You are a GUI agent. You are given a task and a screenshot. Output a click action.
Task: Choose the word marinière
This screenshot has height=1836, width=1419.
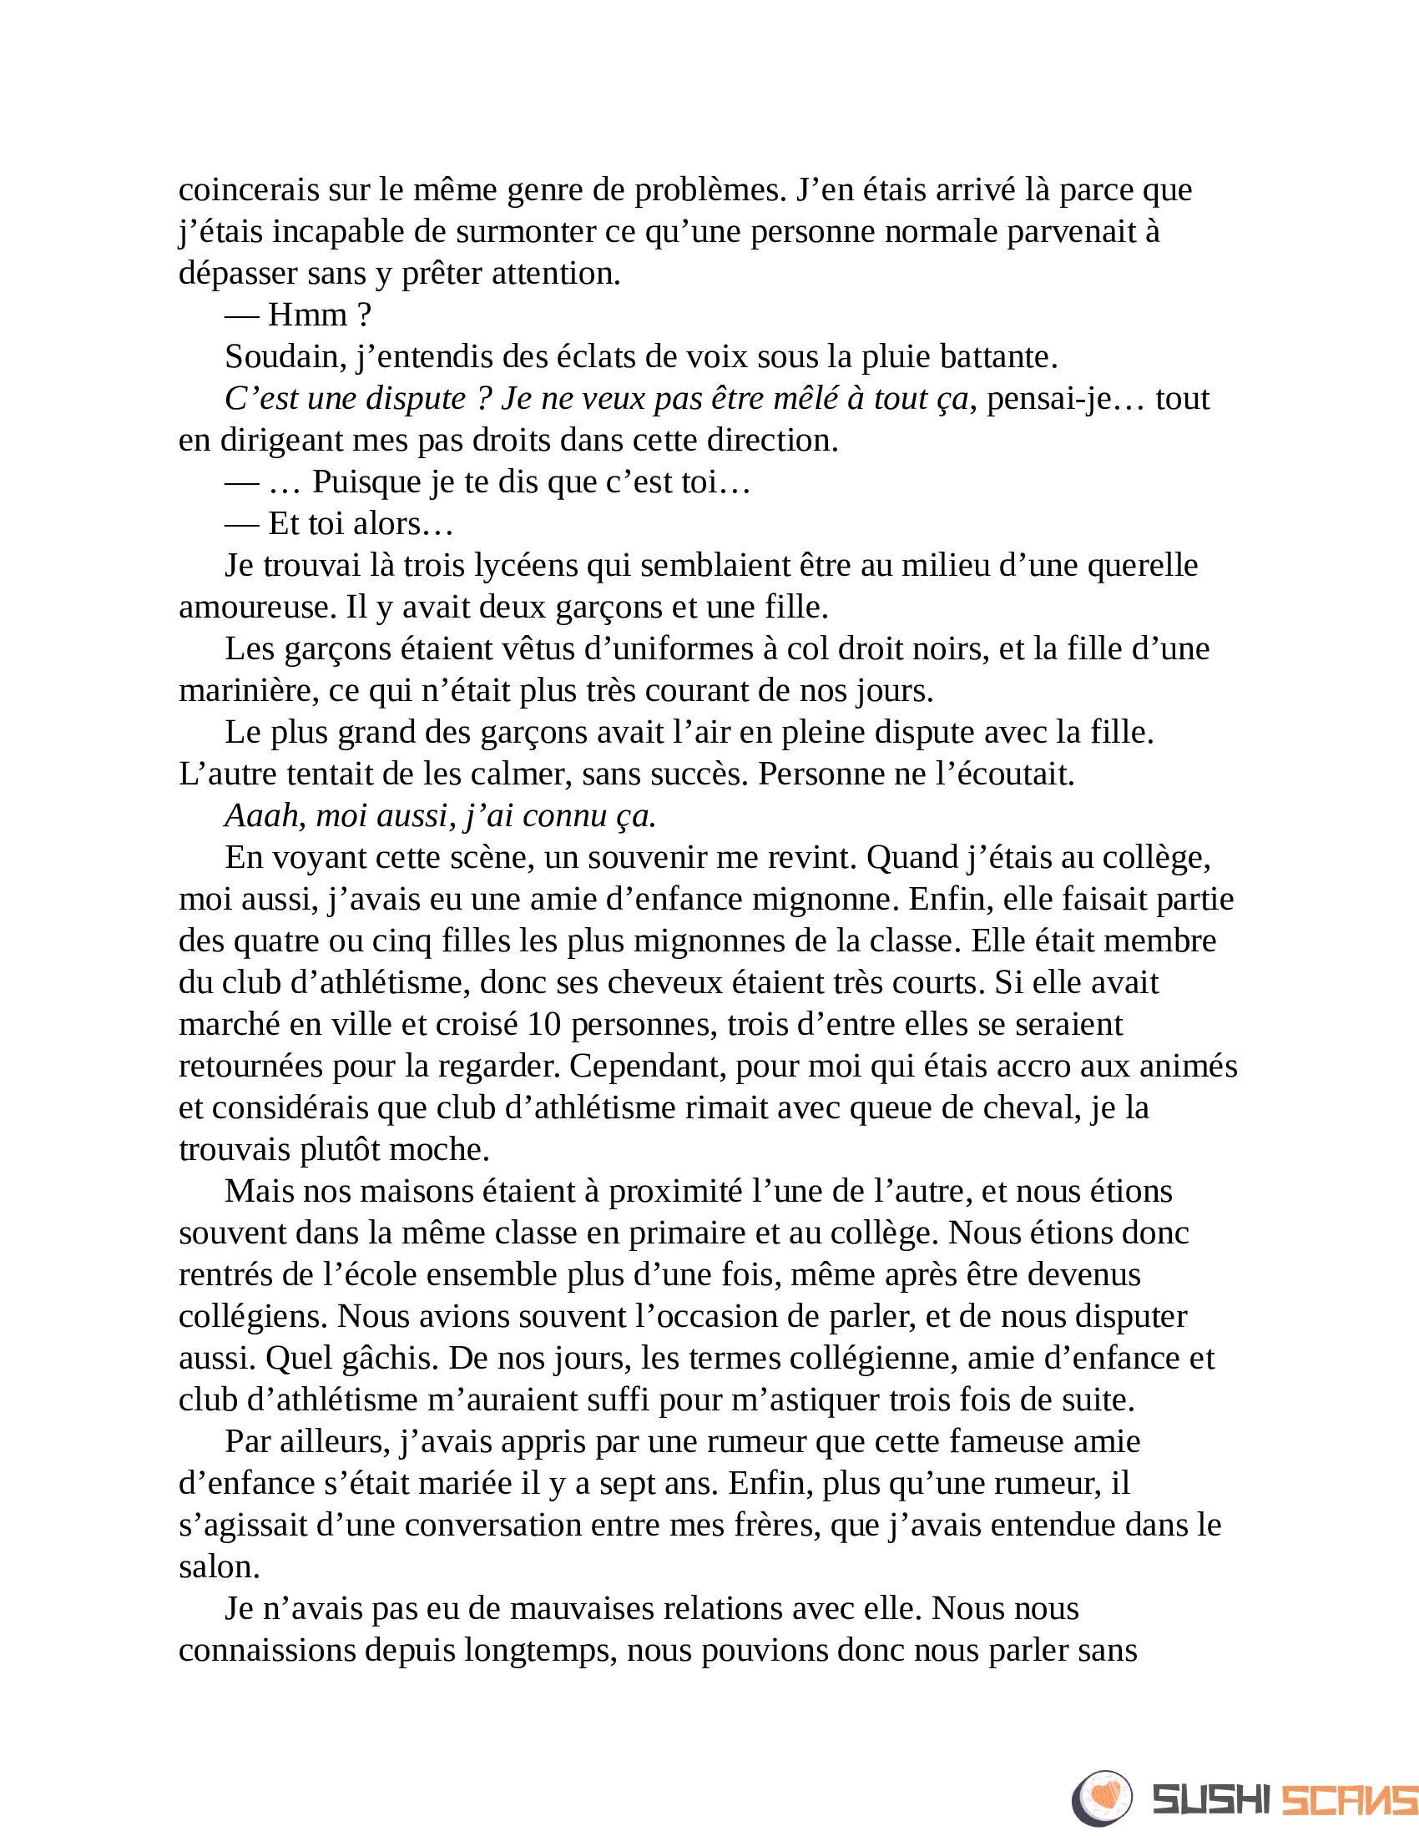[248, 691]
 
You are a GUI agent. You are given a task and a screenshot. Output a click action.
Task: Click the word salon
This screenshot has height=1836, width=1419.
[220, 1567]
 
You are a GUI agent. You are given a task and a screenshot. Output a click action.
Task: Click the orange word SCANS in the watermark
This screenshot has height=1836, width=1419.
[1348, 1800]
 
